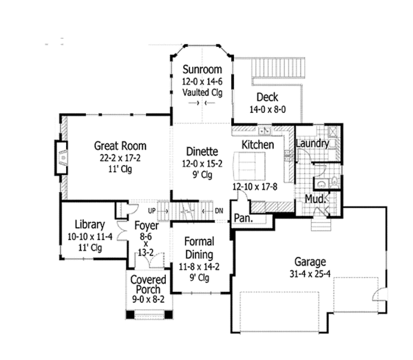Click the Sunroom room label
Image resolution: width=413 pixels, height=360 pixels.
(x=202, y=70)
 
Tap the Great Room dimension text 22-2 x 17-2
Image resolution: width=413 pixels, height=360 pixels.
(x=120, y=158)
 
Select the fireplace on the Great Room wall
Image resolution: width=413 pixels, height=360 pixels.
(x=61, y=158)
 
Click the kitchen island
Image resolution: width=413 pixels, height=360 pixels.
(x=249, y=166)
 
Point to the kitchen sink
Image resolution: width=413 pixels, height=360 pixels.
(x=264, y=130)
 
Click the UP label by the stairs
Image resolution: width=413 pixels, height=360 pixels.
(x=151, y=211)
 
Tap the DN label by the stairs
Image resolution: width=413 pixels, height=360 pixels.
(x=219, y=211)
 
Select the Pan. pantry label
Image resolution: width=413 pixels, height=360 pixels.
(x=243, y=218)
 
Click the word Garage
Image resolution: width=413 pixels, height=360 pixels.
(x=310, y=262)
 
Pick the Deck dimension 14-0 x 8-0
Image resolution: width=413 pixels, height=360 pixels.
(x=268, y=109)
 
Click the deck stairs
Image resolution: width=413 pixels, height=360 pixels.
(x=278, y=67)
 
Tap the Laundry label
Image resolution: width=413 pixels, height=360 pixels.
(x=313, y=144)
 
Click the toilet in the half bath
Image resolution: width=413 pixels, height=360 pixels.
(x=335, y=182)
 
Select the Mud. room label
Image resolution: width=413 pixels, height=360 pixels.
(x=315, y=199)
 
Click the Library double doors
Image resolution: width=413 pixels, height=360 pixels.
(x=122, y=230)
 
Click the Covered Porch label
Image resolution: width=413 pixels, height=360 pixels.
(x=148, y=284)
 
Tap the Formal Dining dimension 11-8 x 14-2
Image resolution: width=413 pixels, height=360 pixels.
(x=199, y=267)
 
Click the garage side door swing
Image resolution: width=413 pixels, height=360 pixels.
(x=379, y=294)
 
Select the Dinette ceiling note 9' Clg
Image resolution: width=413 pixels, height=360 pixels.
(x=202, y=175)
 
